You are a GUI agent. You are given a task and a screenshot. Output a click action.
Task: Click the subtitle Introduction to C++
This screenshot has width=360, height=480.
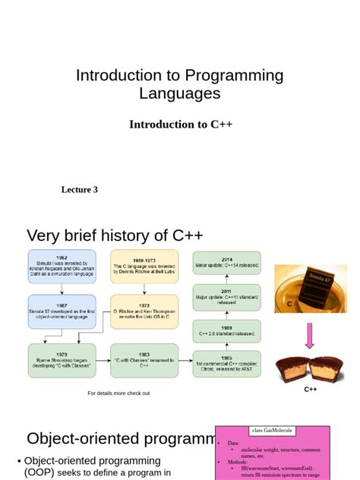(180, 124)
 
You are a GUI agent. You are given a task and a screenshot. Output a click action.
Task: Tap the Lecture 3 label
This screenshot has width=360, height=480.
(79, 189)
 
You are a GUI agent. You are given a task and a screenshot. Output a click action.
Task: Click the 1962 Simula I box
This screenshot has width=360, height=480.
(62, 266)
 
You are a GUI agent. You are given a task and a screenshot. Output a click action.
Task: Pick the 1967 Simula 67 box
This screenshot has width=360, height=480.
(62, 311)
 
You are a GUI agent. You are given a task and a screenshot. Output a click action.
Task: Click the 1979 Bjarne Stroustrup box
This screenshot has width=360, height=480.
(62, 360)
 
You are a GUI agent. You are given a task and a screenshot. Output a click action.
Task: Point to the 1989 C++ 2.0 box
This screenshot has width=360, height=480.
(227, 330)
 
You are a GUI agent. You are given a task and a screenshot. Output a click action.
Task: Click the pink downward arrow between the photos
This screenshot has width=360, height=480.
(311, 336)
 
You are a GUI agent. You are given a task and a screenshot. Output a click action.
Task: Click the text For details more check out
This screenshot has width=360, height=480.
(118, 393)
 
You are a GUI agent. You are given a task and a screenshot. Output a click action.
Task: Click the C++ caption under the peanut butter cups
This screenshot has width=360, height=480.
(311, 389)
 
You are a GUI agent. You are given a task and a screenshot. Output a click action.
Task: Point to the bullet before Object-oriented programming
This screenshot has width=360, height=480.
(20, 461)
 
